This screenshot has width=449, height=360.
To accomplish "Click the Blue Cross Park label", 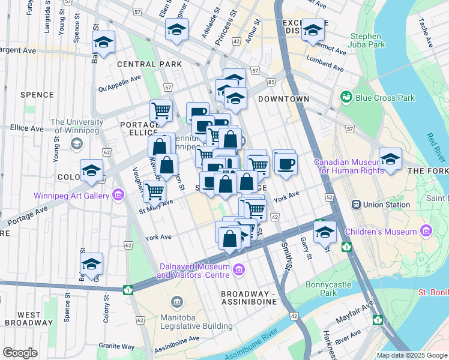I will tap(385, 98).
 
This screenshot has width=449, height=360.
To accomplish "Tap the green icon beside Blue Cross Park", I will tap(346, 97).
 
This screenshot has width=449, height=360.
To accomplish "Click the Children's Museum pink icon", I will tap(427, 230).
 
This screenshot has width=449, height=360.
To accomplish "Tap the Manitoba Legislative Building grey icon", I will tap(176, 301).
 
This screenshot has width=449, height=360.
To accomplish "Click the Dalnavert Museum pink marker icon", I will tap(240, 269).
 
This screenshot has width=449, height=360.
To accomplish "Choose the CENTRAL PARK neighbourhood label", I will tap(141, 64).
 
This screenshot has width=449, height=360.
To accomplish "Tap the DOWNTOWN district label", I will tap(283, 99).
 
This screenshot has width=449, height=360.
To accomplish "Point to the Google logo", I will tap(20, 353).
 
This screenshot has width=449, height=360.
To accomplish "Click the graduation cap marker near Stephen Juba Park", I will tap(312, 30).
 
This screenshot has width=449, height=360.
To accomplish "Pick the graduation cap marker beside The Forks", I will tap(390, 160).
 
